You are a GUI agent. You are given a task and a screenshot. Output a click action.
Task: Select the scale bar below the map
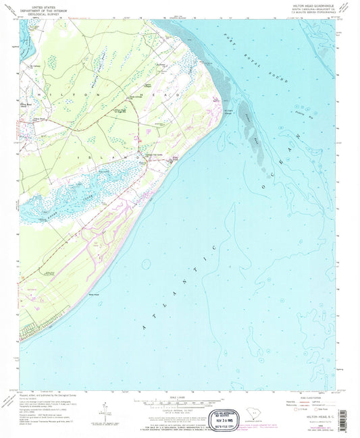pos(178,401)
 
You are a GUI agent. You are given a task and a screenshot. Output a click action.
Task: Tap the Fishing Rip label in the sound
pos(298,110)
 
